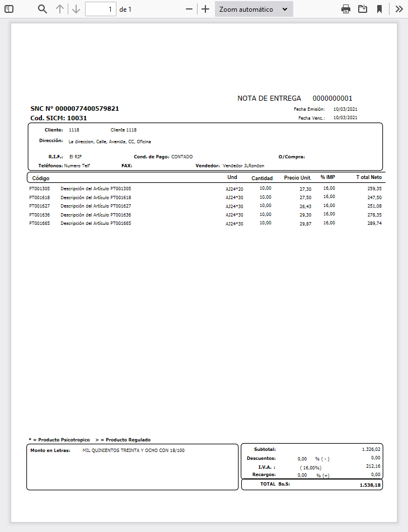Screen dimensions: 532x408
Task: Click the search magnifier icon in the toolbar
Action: click(x=43, y=9)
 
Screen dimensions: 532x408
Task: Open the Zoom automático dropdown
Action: click(x=254, y=9)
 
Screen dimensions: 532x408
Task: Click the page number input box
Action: click(x=101, y=9)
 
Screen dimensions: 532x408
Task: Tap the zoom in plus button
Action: click(x=205, y=9)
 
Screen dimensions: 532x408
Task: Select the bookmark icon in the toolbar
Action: click(x=379, y=9)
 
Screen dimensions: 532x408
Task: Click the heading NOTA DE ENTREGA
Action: click(x=269, y=98)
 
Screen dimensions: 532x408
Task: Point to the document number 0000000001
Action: click(x=332, y=98)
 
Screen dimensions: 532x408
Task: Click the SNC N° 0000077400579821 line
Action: click(x=74, y=109)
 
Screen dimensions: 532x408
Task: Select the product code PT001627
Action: click(x=40, y=206)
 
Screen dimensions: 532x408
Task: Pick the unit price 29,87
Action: click(x=305, y=224)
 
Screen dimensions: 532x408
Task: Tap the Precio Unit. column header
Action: click(x=297, y=178)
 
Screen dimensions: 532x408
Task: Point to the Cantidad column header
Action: click(x=262, y=178)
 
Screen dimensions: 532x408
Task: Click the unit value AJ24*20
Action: click(x=235, y=189)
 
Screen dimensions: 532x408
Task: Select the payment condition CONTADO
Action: click(x=182, y=157)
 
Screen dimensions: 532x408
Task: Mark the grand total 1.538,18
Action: click(x=370, y=486)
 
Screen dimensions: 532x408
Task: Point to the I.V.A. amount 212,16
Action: click(x=372, y=466)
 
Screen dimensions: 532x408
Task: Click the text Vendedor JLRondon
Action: click(x=243, y=166)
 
